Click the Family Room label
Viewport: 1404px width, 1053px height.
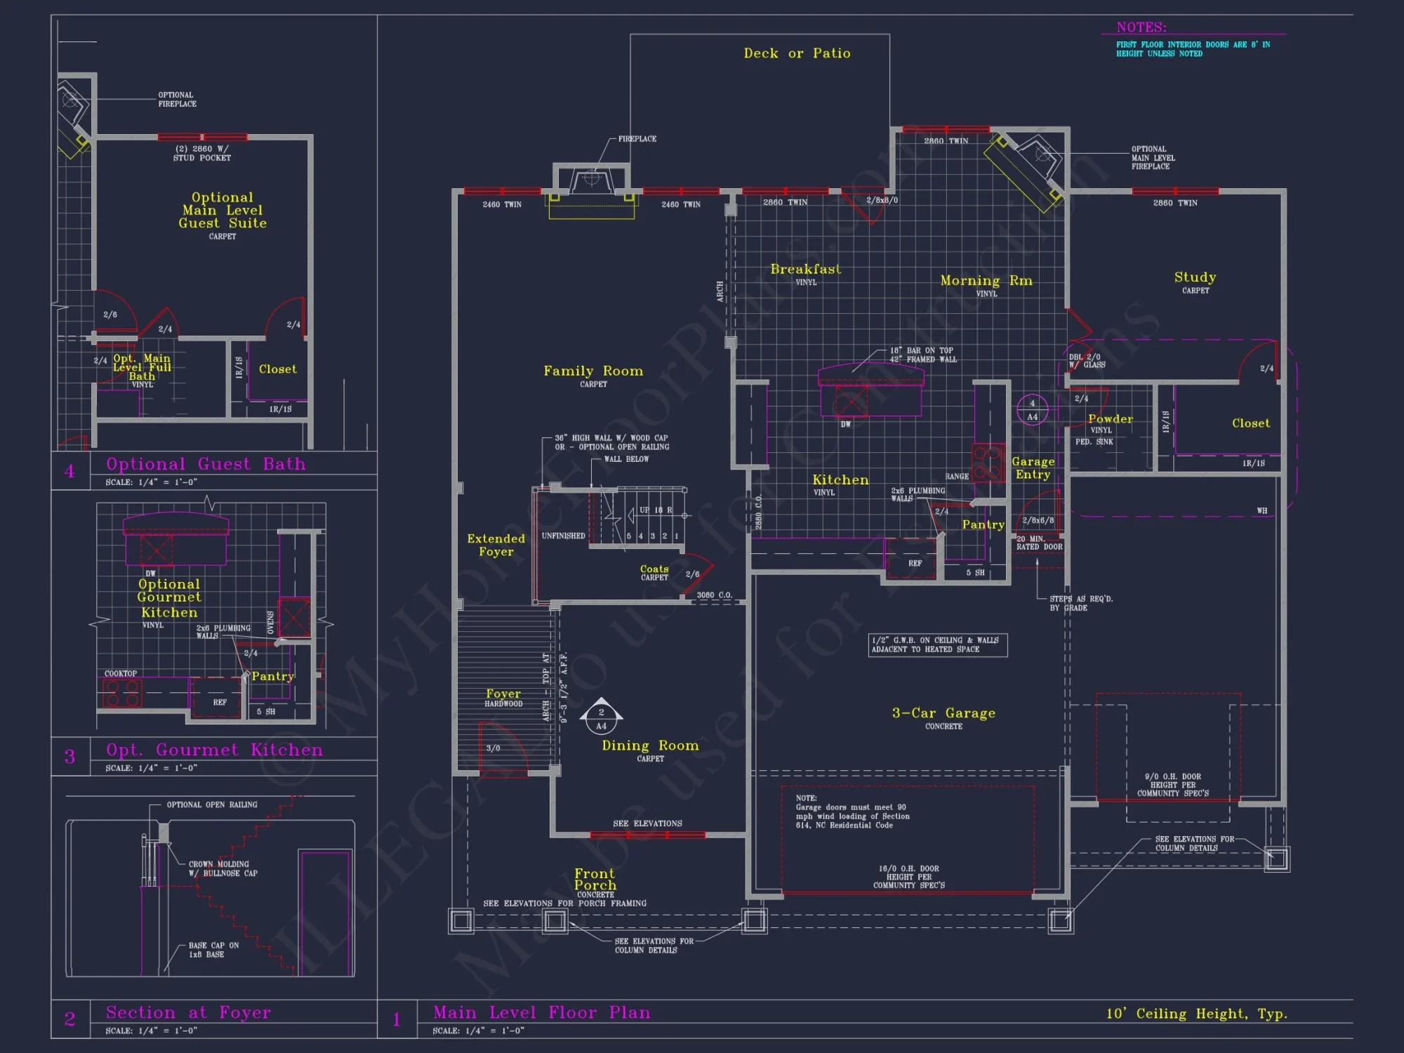[593, 371]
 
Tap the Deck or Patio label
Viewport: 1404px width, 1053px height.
[797, 53]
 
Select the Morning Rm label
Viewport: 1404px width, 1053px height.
[986, 281]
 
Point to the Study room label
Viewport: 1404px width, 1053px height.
[1195, 277]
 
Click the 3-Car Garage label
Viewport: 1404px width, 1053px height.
[943, 713]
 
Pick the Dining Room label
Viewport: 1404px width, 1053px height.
[650, 746]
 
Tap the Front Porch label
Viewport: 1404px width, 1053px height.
[595, 880]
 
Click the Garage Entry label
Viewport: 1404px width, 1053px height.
[1033, 468]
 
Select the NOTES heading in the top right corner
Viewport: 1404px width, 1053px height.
[1141, 27]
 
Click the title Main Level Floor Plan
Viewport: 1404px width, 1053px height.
[541, 1012]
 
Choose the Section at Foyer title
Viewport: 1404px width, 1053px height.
[188, 1012]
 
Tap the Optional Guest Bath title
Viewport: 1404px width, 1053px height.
[206, 464]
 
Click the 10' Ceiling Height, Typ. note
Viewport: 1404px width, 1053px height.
[1197, 1014]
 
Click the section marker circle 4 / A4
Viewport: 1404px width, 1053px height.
[1032, 410]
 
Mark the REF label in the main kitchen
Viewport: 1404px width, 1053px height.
[915, 563]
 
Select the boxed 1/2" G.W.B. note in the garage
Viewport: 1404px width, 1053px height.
[937, 644]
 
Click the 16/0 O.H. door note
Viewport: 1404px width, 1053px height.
[909, 877]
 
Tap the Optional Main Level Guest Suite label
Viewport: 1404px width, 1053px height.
[223, 211]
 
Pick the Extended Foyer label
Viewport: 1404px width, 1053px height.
[496, 545]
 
